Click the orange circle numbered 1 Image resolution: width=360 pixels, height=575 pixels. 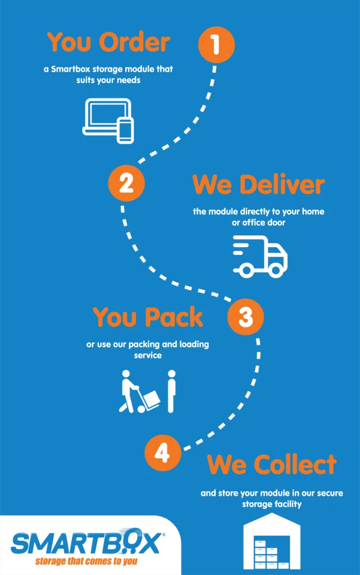coord(216,44)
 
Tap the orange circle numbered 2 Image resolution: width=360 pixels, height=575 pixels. coord(126,182)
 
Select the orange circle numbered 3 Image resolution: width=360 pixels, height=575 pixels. coord(245,317)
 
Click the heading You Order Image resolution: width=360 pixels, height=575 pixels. coord(108,42)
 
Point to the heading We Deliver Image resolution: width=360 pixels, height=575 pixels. coord(258,184)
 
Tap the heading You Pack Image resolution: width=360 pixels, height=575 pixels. coord(148,317)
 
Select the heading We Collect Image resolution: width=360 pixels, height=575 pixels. coord(272,464)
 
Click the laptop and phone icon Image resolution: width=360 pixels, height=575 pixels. coord(108,121)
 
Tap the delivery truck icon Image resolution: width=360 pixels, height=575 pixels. coord(260,256)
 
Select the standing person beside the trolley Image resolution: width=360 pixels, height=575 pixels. coord(171,391)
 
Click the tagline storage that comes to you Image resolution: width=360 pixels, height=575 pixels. coord(86,561)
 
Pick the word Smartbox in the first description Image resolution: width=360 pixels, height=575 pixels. coord(70,69)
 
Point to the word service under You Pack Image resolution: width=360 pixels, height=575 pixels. coord(148,355)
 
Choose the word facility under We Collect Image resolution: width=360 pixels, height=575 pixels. coord(288,504)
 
